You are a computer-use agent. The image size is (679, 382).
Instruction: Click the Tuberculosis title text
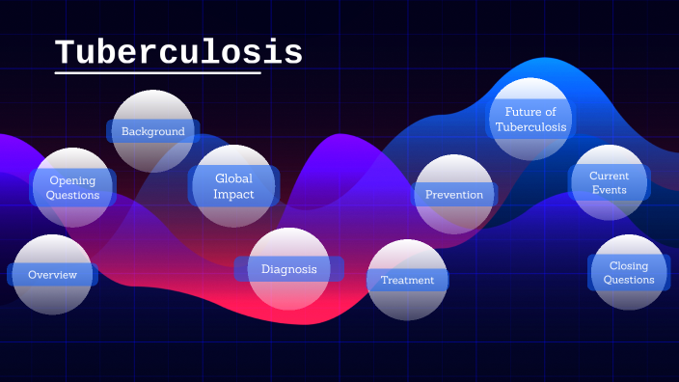point(178,52)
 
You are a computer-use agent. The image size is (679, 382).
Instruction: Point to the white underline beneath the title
point(158,72)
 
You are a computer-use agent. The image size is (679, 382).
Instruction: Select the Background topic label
point(152,131)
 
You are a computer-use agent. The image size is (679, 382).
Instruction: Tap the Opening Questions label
point(73,187)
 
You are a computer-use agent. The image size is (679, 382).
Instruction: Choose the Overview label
point(52,275)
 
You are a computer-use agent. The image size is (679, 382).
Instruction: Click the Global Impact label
point(234,186)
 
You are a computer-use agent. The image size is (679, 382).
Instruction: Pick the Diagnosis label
point(288,269)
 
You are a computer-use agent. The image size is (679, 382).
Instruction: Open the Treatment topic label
point(407,281)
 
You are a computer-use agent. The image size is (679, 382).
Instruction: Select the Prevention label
point(453,195)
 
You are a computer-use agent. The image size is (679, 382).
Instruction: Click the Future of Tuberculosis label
point(530,120)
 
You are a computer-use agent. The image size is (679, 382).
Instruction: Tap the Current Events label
point(609,182)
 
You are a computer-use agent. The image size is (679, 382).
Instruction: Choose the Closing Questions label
point(629,273)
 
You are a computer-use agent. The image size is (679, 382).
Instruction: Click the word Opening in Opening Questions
point(73,180)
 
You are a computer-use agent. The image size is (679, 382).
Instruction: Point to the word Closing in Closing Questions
point(629,266)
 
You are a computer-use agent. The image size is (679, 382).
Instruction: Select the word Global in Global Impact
point(234,178)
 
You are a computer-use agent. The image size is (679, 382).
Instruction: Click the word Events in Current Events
point(610,190)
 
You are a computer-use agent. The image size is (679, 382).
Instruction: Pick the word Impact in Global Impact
point(234,194)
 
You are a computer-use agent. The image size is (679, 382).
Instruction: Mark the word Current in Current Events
point(610,176)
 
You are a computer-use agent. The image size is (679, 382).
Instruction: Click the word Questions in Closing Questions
point(629,281)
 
